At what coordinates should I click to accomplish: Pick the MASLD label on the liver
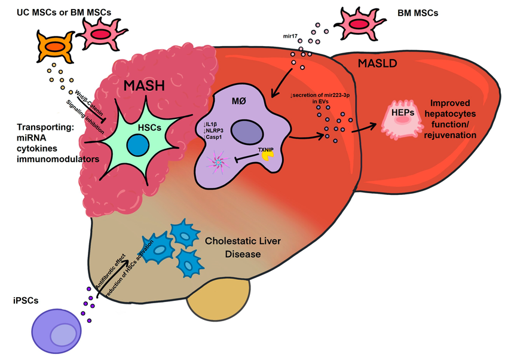point(375,63)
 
